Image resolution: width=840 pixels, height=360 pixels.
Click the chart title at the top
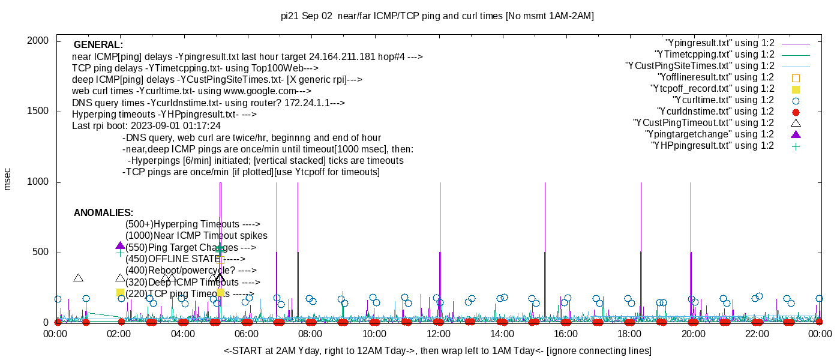click(437, 16)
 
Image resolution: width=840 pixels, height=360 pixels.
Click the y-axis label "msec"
click(8, 179)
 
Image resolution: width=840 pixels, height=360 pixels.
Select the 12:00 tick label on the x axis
click(438, 334)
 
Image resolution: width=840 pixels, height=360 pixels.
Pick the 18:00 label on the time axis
click(629, 334)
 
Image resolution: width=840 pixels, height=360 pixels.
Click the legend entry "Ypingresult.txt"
click(719, 43)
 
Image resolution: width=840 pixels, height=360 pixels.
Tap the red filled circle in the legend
click(796, 112)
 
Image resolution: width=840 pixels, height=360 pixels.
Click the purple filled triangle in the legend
click(796, 134)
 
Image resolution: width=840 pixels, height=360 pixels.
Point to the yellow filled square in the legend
click(796, 89)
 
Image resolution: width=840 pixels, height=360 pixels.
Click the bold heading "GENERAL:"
click(98, 45)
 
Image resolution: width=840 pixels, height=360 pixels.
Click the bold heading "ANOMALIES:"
click(103, 213)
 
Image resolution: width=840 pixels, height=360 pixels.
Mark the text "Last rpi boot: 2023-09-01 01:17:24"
click(146, 126)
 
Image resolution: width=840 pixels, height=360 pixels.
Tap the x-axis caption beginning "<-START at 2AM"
click(437, 350)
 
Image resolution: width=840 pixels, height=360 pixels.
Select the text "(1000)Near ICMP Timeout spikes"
click(196, 236)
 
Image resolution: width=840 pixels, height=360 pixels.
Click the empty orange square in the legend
click(796, 78)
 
